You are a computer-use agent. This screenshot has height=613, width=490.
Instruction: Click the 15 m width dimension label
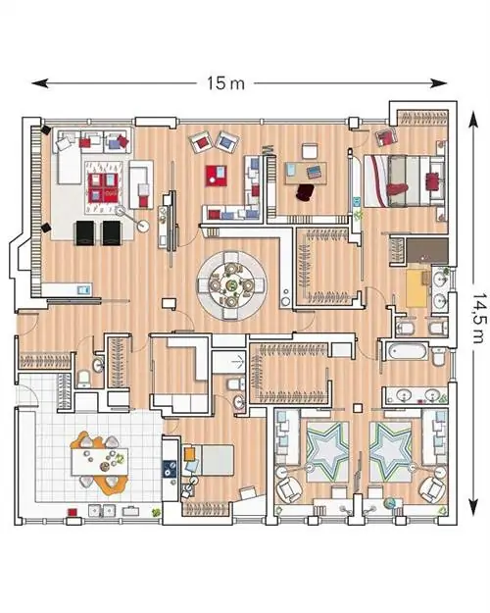click(x=225, y=83)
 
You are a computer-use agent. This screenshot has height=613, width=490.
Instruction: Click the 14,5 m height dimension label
click(x=479, y=318)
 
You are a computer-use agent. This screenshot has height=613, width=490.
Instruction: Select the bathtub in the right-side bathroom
click(x=407, y=351)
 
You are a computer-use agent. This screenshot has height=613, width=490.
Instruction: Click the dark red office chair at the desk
click(x=306, y=192)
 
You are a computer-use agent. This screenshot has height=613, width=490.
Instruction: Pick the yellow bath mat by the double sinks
click(x=418, y=288)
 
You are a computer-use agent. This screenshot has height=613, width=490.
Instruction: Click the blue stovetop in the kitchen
click(x=169, y=468)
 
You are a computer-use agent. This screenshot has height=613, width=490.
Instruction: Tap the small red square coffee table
click(x=216, y=176)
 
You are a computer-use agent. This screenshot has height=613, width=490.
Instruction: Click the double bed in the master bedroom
click(x=404, y=180)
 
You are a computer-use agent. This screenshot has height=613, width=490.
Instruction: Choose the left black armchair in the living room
click(x=85, y=233)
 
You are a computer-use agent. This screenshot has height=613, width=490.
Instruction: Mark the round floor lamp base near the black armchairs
click(x=143, y=226)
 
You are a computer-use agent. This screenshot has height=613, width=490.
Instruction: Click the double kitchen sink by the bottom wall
click(x=101, y=511)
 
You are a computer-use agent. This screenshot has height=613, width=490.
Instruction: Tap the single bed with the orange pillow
click(x=208, y=460)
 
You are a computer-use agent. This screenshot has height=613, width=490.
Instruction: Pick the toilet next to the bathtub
click(x=439, y=355)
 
